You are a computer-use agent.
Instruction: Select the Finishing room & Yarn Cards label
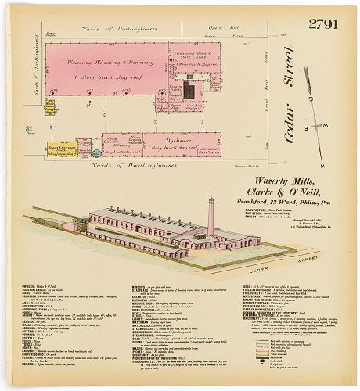[x=190, y=54]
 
